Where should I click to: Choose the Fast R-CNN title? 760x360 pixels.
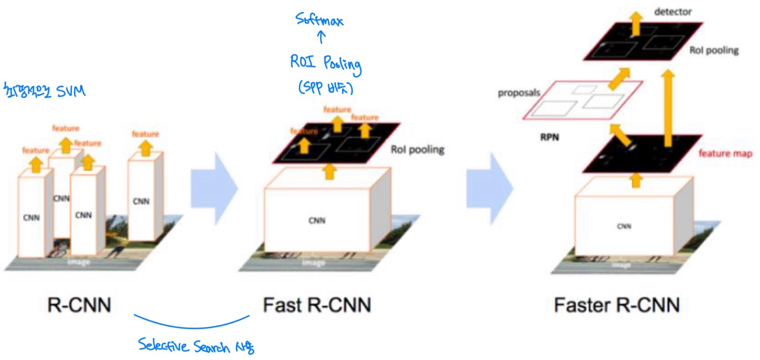tap(317, 305)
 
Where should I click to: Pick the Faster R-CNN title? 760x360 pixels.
tap(616, 305)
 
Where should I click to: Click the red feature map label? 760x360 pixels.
tap(725, 154)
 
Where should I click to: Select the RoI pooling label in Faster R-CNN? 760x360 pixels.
tap(714, 51)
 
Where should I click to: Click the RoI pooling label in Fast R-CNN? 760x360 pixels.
tap(417, 149)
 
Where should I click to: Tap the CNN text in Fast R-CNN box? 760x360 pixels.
tap(317, 221)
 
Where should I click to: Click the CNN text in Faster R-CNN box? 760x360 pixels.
tap(624, 226)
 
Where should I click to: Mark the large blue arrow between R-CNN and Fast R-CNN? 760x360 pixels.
tap(213, 181)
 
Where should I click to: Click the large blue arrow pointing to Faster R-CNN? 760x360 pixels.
tap(489, 181)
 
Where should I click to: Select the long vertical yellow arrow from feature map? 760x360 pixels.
tap(668, 108)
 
